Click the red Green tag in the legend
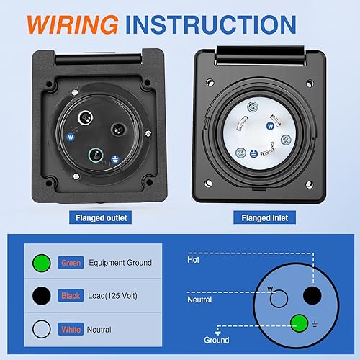(71, 263)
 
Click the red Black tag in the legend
(71, 295)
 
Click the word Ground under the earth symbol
(216, 340)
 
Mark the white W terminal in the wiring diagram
(279, 297)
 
